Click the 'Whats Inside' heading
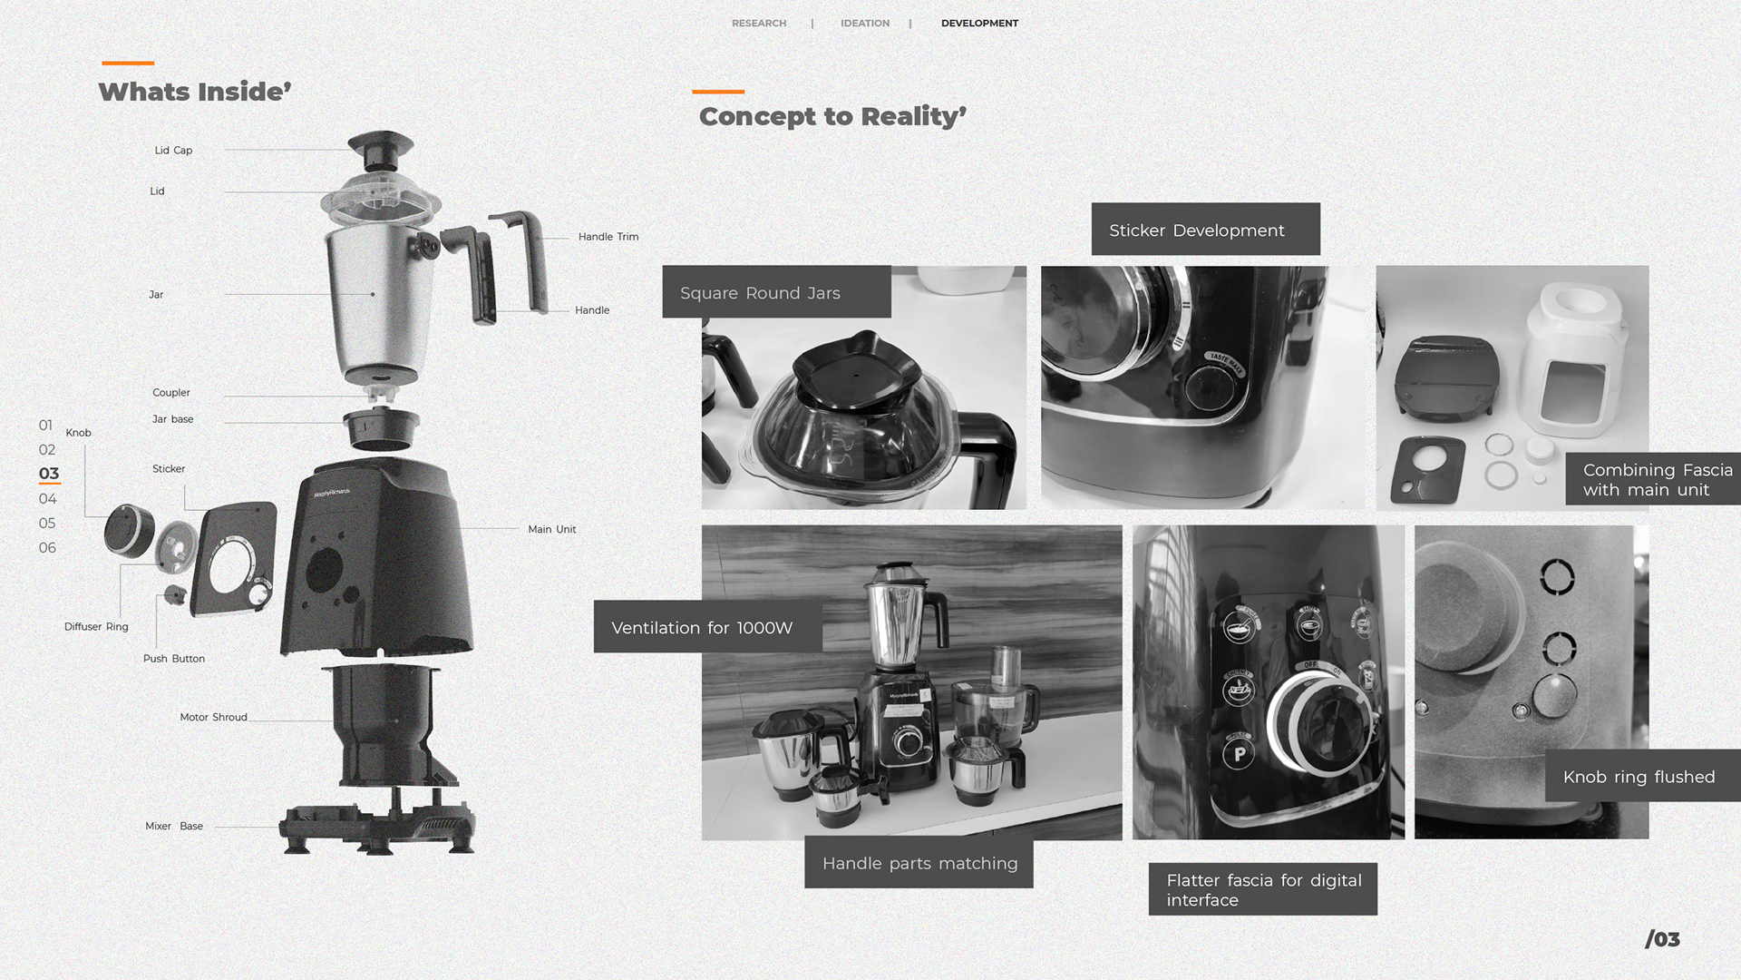click(195, 92)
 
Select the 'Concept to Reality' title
click(832, 116)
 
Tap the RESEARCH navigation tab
click(759, 24)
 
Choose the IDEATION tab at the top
click(865, 24)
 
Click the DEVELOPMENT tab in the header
click(979, 24)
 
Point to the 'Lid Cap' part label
click(173, 151)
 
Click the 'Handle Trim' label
click(608, 237)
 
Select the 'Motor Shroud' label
click(213, 717)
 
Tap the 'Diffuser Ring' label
click(96, 627)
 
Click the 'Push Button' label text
click(174, 659)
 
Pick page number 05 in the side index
click(47, 524)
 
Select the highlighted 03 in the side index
click(49, 474)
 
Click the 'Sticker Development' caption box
click(1205, 230)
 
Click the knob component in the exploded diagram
click(129, 530)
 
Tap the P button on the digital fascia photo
click(1239, 753)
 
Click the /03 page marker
click(1662, 939)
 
